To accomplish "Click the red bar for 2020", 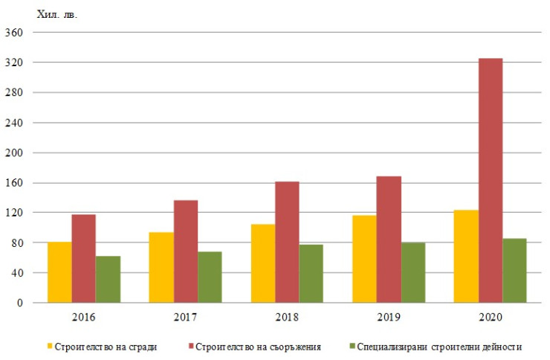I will (491, 181).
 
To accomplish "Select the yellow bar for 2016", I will (59, 272).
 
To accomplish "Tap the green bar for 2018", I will (311, 274).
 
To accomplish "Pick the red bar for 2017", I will (185, 251).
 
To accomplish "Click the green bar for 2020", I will (514, 271).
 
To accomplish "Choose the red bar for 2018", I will (287, 242).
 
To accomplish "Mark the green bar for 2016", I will (108, 280).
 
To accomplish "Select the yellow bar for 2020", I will (466, 257).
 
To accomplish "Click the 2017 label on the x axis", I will (185, 317).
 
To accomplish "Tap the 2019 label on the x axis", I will (389, 317).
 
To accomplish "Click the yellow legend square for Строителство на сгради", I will (51, 347).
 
